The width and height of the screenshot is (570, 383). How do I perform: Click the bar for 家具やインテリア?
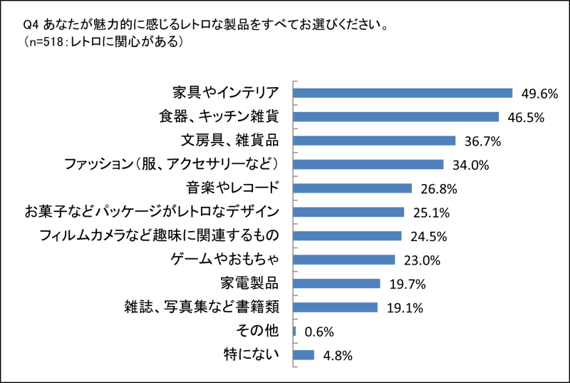pyautogui.click(x=403, y=93)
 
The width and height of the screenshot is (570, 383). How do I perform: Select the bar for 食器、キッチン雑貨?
pyautogui.click(x=396, y=116)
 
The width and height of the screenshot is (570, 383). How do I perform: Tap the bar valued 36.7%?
pyautogui.click(x=375, y=141)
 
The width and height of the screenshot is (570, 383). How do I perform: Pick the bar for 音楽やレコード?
pyautogui.click(x=353, y=188)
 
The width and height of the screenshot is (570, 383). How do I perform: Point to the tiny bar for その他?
pyautogui.click(x=294, y=331)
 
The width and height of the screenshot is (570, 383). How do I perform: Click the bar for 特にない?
pyautogui.click(x=304, y=355)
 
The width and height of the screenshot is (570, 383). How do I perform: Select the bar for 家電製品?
pyautogui.click(x=337, y=284)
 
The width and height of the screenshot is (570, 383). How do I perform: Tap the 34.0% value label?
pyautogui.click(x=470, y=165)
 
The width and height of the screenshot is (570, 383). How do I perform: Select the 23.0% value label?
pyautogui.click(x=419, y=260)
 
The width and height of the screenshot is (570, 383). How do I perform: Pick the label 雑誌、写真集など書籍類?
pyautogui.click(x=200, y=307)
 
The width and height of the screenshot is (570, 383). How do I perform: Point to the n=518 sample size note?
pyautogui.click(x=46, y=43)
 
